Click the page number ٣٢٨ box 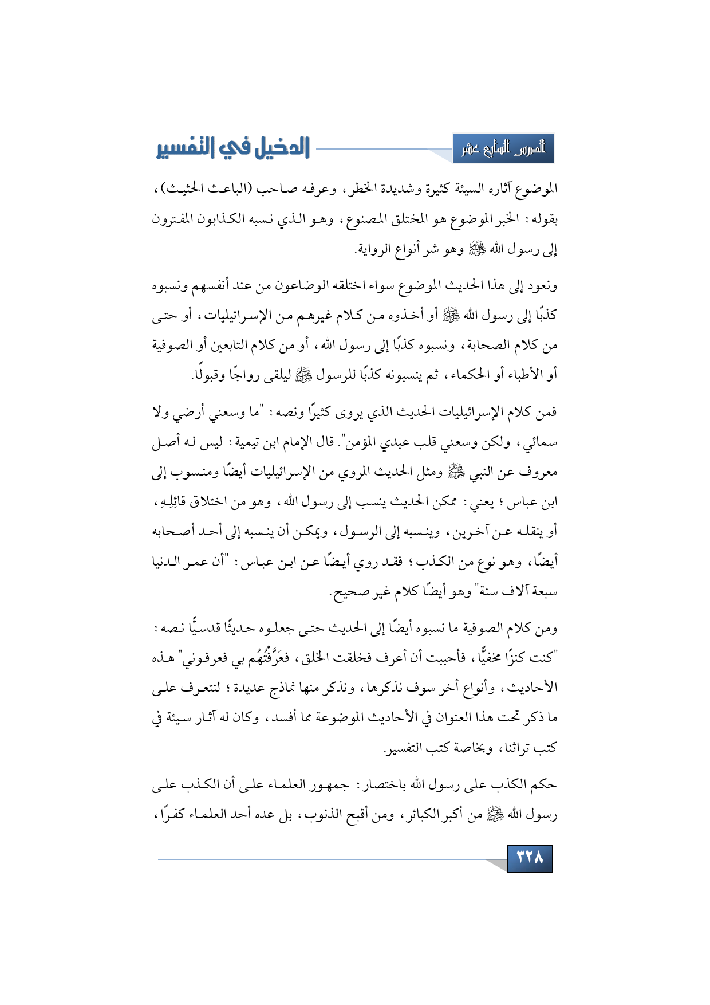coord(530,858)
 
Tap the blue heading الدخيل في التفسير coord(233,148)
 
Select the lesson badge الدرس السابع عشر coord(503,149)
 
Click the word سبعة coord(542,591)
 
